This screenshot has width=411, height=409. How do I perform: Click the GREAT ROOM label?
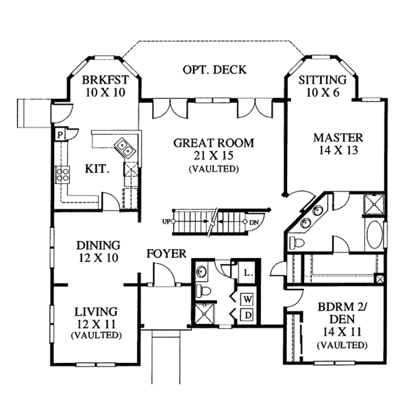pos(213,143)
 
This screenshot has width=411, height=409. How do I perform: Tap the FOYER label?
pos(166,254)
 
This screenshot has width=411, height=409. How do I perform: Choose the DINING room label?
pos(99,245)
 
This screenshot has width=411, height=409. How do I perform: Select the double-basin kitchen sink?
pos(124,145)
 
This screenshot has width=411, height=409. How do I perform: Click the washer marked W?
pos(247,299)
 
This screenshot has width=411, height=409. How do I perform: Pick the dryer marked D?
pos(247,315)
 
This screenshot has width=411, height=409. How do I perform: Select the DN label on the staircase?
pos(253,222)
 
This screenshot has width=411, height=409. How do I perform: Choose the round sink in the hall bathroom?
pos(201,272)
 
